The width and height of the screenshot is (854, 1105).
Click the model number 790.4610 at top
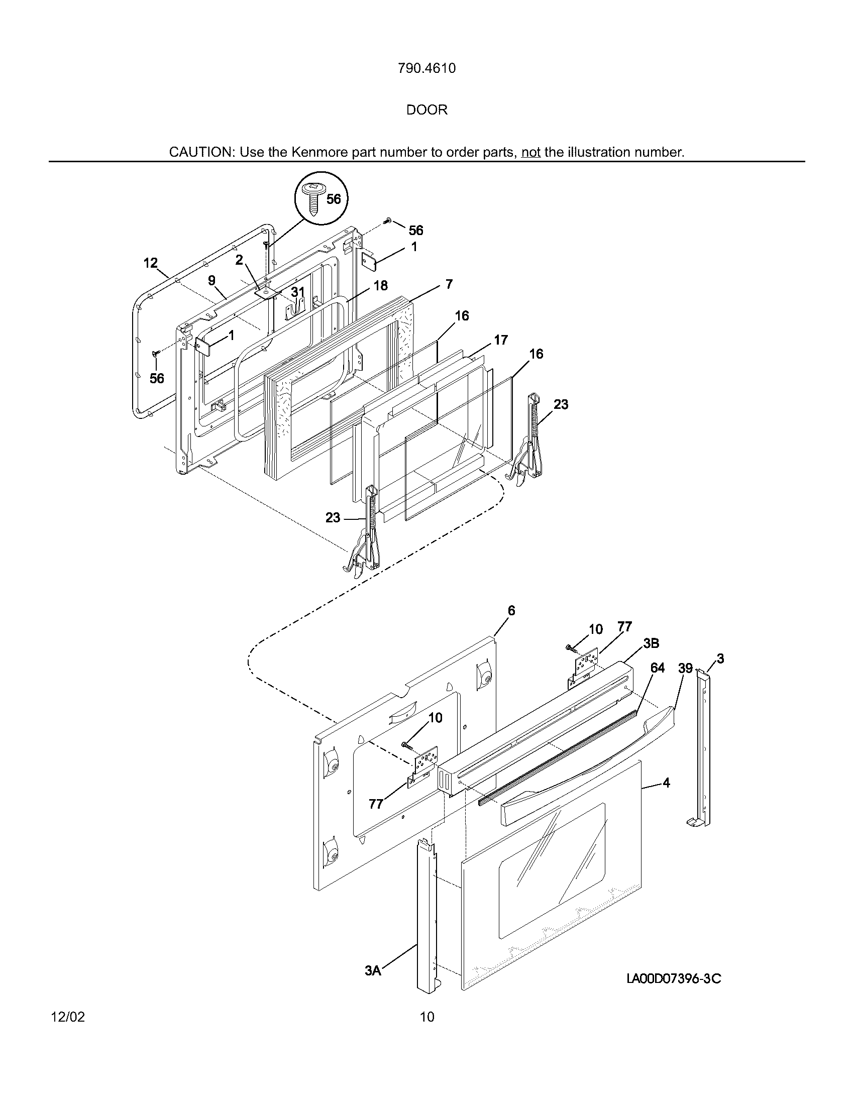426,68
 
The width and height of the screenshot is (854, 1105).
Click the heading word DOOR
426,110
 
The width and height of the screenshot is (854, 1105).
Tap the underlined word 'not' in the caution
530,152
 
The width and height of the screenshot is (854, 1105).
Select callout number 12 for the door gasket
150,263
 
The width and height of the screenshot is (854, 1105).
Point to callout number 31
298,292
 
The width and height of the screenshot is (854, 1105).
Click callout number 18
380,285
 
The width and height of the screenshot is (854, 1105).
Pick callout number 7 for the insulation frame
449,284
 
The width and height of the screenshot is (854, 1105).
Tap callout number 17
500,340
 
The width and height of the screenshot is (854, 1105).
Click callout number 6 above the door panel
511,611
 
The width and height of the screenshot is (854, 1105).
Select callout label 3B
651,643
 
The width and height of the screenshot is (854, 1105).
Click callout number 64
657,668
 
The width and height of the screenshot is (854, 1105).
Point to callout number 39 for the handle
685,669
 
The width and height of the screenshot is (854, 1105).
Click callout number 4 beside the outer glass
666,783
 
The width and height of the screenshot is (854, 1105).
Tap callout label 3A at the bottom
372,970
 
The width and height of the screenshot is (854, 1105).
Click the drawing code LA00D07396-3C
673,979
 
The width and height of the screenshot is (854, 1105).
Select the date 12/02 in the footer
68,1017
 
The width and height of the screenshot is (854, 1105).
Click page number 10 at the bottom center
427,1017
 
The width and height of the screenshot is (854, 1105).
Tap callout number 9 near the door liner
211,280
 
